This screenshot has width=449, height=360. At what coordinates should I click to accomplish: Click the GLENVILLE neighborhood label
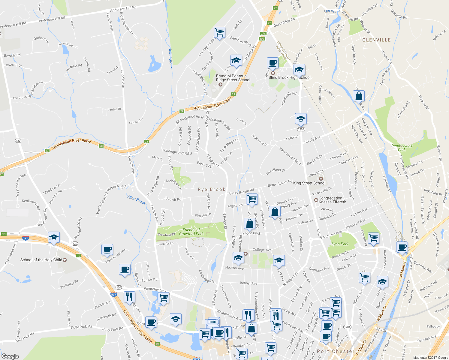click(x=376, y=40)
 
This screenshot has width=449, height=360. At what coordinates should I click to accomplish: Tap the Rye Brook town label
click(x=212, y=189)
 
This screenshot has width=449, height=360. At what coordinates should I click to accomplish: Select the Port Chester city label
click(x=336, y=351)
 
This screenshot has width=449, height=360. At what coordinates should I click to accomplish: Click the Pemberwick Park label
click(x=402, y=148)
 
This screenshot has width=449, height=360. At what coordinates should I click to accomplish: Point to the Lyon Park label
click(x=340, y=244)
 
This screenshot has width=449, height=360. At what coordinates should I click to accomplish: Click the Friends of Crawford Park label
click(x=191, y=232)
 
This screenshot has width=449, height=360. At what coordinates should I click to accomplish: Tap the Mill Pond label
click(x=331, y=12)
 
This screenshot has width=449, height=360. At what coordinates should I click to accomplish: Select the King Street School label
click(x=309, y=183)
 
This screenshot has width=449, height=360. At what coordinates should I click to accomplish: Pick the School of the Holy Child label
click(x=41, y=260)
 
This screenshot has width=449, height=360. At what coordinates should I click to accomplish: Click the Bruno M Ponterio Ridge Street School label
click(x=233, y=78)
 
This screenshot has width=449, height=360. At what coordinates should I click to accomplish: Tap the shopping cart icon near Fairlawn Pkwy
click(x=219, y=32)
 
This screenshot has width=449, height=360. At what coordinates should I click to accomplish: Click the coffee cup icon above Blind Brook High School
click(x=273, y=63)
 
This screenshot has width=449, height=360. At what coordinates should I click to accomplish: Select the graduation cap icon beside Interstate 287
click(x=54, y=238)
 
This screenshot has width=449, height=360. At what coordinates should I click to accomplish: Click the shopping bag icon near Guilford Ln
click(x=359, y=96)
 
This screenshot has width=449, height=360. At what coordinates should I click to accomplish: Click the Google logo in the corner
click(x=10, y=356)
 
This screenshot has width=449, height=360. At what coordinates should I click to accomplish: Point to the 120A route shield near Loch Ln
click(x=301, y=129)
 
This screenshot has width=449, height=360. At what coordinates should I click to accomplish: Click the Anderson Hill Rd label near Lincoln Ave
click(x=123, y=9)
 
